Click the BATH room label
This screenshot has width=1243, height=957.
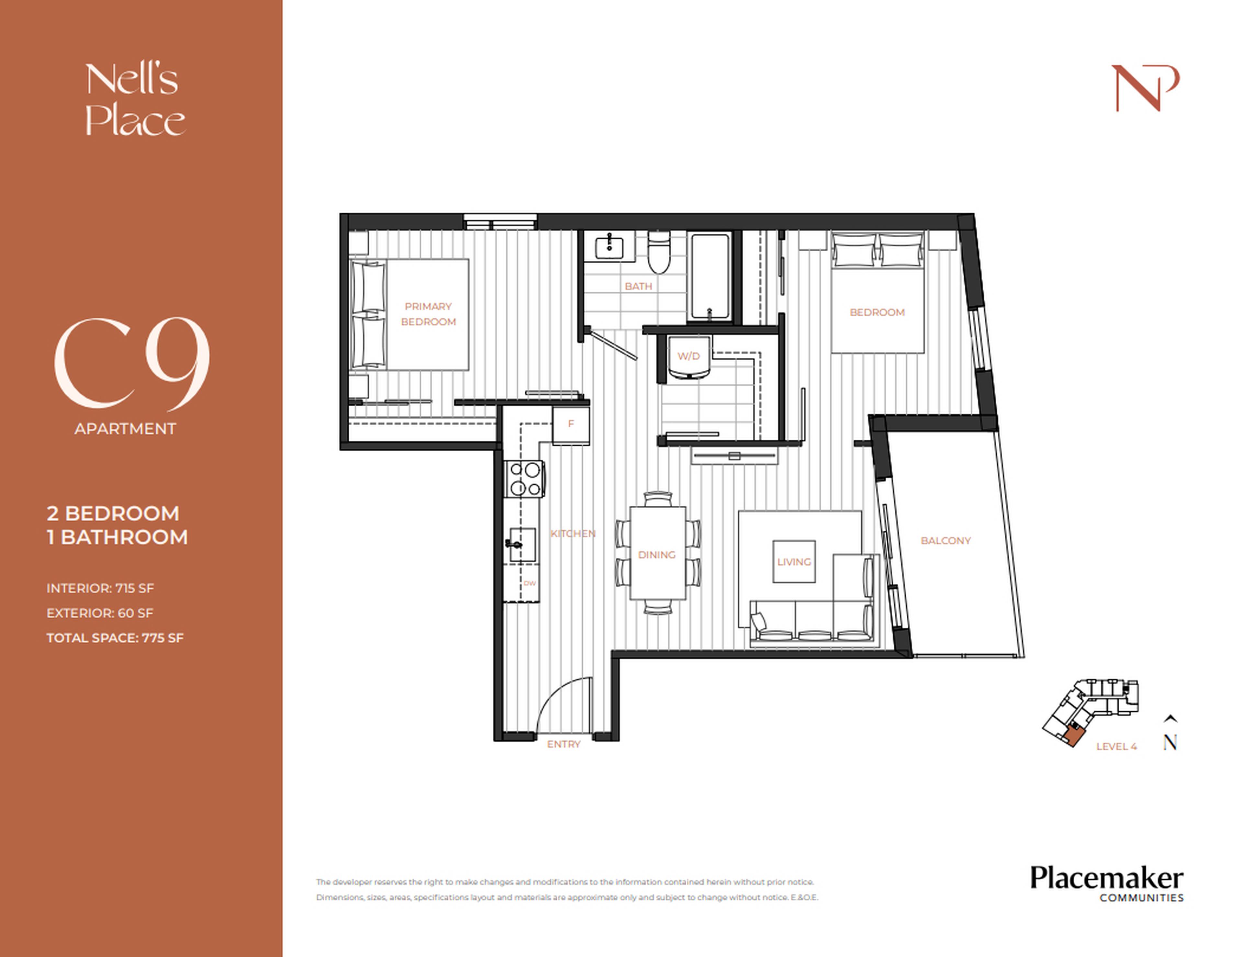[638, 287]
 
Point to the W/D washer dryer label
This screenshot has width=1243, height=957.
[688, 356]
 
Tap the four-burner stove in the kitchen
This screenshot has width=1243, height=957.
[525, 479]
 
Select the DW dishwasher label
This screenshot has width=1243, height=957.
[529, 583]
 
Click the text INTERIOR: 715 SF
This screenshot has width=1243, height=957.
[100, 588]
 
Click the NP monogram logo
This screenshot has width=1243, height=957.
[1145, 88]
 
